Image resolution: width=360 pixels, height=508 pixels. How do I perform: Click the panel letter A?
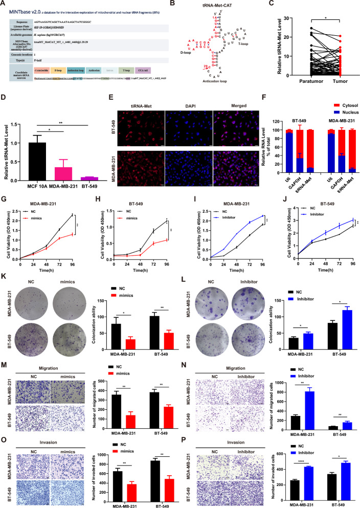[x=4, y=4]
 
